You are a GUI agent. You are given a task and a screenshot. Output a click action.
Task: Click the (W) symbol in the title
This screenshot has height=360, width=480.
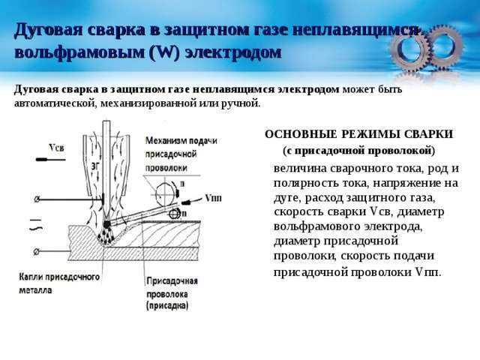click(164, 53)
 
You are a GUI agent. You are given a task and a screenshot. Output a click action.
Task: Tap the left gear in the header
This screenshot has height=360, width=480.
click(411, 50)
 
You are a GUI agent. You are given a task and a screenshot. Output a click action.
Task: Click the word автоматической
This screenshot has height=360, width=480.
click(55, 103)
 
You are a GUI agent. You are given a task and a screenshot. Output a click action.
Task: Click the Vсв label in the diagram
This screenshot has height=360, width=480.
click(57, 148)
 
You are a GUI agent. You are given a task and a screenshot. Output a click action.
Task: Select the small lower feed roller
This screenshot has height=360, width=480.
click(175, 213)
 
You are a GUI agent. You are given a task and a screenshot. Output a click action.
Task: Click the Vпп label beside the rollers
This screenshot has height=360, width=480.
click(213, 198)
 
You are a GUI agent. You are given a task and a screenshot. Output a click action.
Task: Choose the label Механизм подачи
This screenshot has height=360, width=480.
click(181, 141)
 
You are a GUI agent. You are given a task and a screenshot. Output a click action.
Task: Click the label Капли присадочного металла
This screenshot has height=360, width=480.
click(59, 283)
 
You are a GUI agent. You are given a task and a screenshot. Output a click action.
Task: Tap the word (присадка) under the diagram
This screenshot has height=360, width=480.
click(167, 306)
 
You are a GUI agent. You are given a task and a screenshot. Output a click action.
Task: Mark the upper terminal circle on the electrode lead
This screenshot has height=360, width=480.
click(37, 199)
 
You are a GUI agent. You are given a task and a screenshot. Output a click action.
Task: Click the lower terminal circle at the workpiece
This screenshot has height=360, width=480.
click(37, 252)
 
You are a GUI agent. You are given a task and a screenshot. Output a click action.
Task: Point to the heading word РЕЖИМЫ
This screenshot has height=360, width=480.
click(370, 134)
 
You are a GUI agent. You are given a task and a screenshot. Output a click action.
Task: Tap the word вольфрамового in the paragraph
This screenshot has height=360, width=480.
click(316, 226)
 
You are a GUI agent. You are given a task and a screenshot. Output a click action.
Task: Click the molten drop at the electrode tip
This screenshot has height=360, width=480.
click(106, 224)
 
